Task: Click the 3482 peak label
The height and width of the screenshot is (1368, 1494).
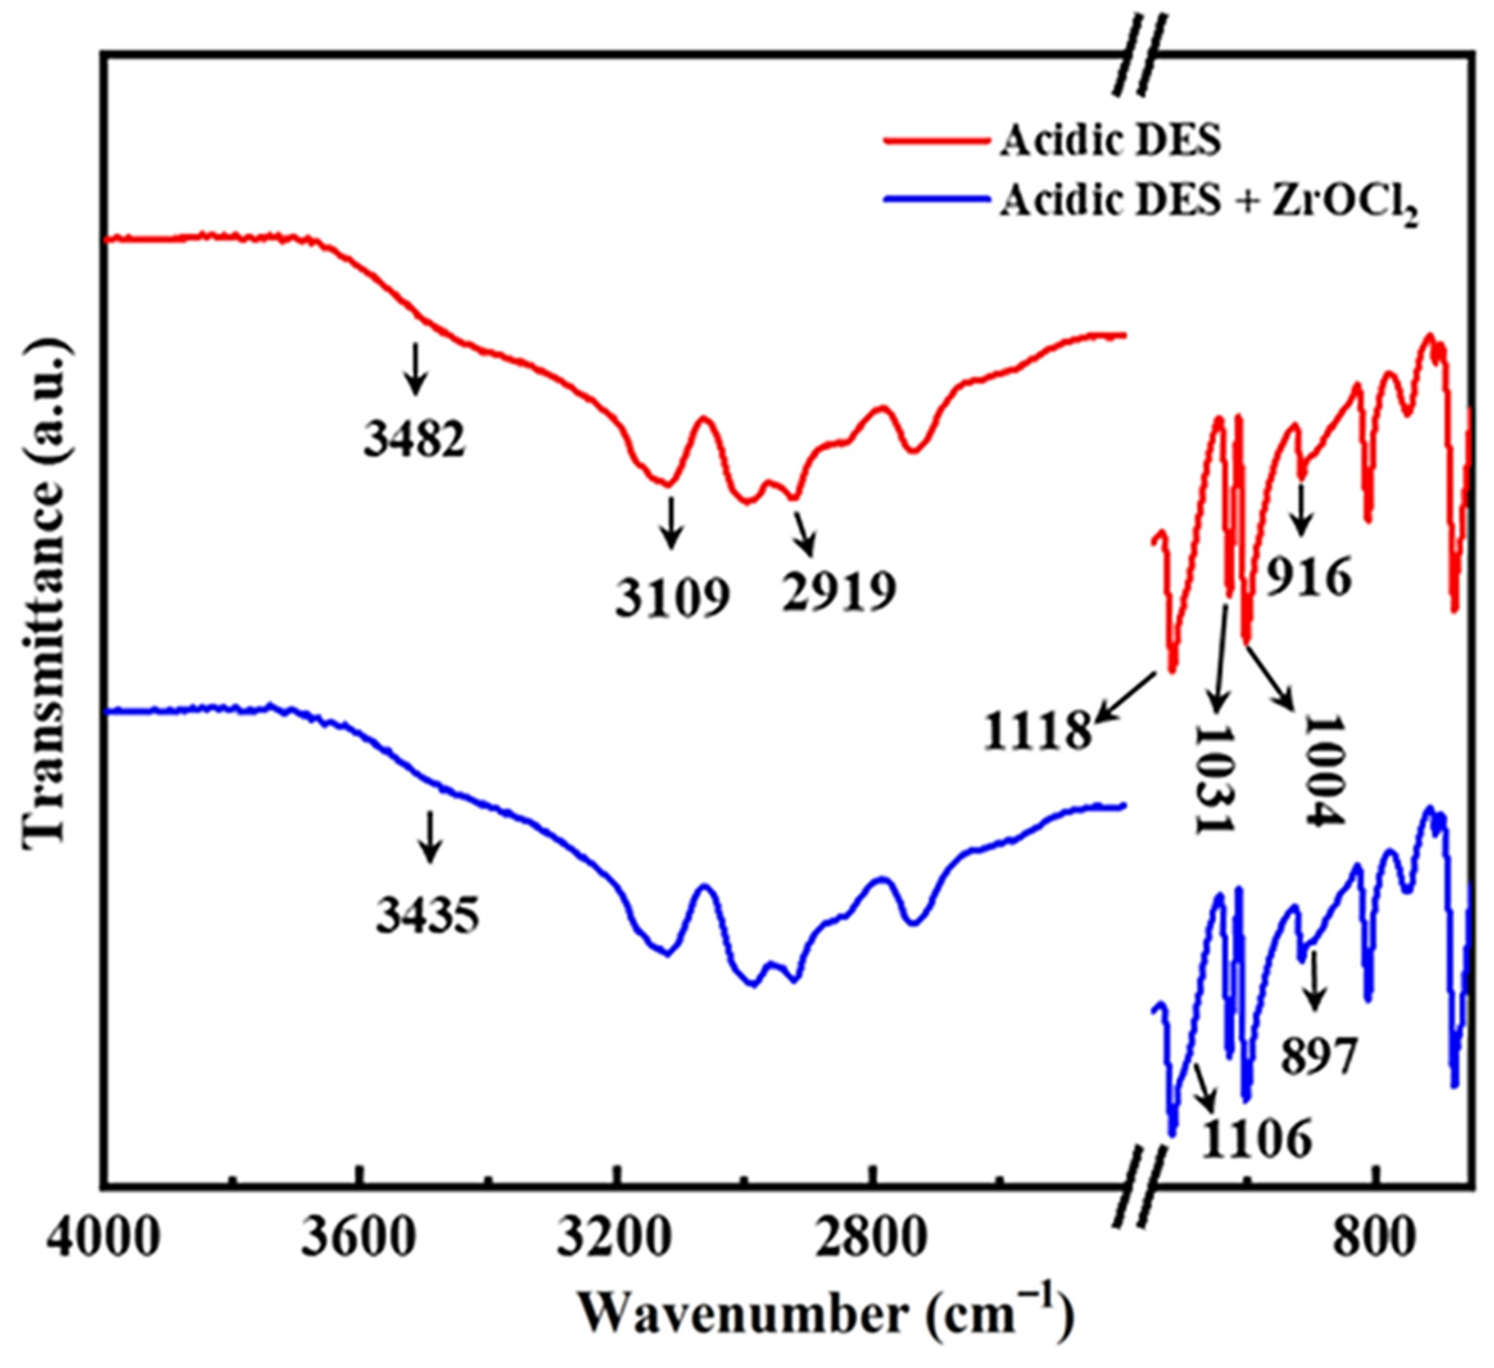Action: click(x=415, y=439)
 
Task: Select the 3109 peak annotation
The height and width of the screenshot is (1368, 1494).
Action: click(x=672, y=598)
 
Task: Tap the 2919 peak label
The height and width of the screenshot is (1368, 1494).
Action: click(x=839, y=591)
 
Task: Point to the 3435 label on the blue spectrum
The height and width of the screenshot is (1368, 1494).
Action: click(x=427, y=917)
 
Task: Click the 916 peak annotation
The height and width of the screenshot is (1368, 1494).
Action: click(x=1308, y=579)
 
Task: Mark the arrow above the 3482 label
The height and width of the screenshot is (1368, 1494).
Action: click(x=416, y=368)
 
